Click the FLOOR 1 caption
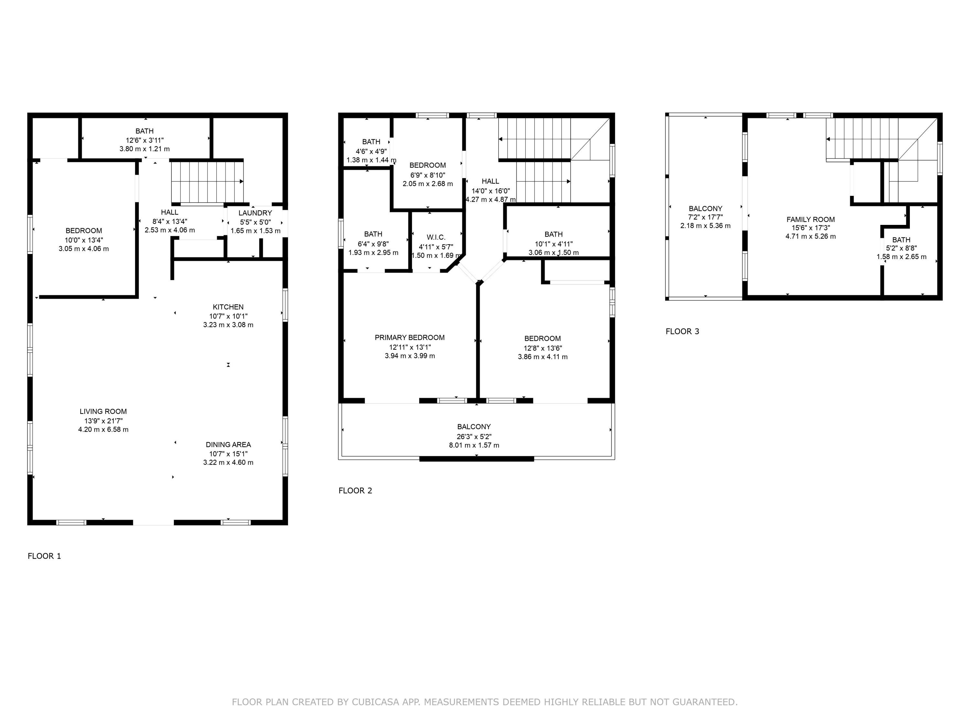[44, 556]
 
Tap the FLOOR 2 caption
[355, 490]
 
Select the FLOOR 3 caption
[682, 331]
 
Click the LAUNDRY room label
[255, 213]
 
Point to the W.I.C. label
[436, 237]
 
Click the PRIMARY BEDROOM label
[410, 337]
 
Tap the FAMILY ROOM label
[810, 219]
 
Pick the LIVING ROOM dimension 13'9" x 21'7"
[103, 421]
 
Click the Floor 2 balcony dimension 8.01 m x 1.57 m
[474, 445]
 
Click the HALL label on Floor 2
[490, 181]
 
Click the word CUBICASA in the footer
[375, 702]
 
